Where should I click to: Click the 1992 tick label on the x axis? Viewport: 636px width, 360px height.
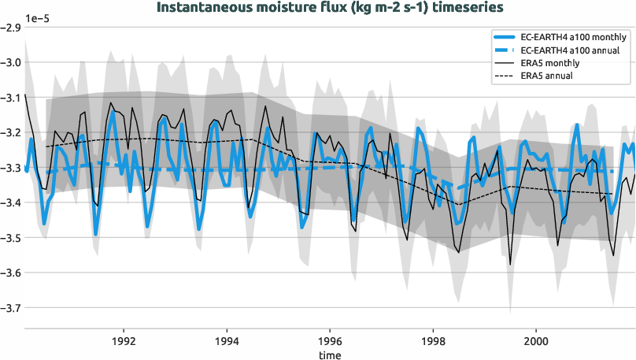[124, 343]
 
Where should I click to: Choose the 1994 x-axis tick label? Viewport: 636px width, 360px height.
[227, 343]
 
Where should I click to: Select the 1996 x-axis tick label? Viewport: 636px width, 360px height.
[330, 343]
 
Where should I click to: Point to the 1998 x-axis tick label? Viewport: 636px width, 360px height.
[433, 343]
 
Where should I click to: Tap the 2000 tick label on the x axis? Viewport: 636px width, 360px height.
[536, 343]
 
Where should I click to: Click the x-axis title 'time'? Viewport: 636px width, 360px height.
[330, 355]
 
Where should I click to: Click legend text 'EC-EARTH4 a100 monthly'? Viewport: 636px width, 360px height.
[574, 37]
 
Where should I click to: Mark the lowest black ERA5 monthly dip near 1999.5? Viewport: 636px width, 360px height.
[510, 265]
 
